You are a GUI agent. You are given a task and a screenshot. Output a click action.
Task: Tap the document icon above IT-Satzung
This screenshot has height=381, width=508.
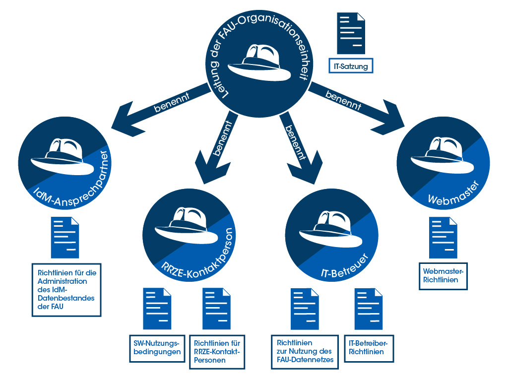351,33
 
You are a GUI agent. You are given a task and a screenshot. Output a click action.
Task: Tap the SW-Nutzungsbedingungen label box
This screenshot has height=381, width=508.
157,348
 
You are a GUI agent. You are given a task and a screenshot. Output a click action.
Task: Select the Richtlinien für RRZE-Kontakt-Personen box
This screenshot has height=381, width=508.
217,352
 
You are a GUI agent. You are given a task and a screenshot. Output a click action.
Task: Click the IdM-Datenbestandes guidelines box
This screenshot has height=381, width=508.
66,289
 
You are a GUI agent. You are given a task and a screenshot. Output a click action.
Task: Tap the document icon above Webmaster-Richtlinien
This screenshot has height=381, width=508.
443,238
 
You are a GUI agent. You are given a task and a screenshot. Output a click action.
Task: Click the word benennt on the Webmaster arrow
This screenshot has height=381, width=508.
343,100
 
